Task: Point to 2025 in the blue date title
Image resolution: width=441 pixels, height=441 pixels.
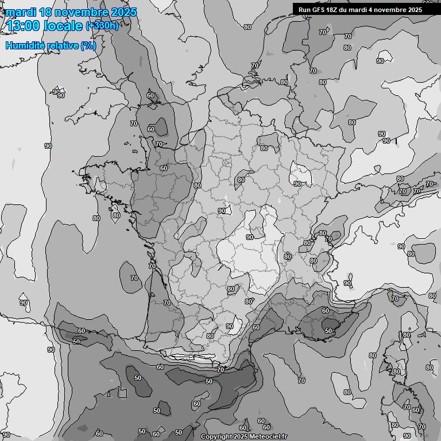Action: pyautogui.click(x=123, y=12)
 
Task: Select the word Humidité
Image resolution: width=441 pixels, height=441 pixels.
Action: pyautogui.click(x=25, y=45)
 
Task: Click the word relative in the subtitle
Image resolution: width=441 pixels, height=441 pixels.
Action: pyautogui.click(x=61, y=45)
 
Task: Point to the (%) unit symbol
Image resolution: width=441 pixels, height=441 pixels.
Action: pyautogui.click(x=88, y=45)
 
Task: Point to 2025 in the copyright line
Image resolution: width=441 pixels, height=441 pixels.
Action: pyautogui.click(x=241, y=436)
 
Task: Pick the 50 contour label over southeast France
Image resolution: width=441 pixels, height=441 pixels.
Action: pyautogui.click(x=328, y=331)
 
